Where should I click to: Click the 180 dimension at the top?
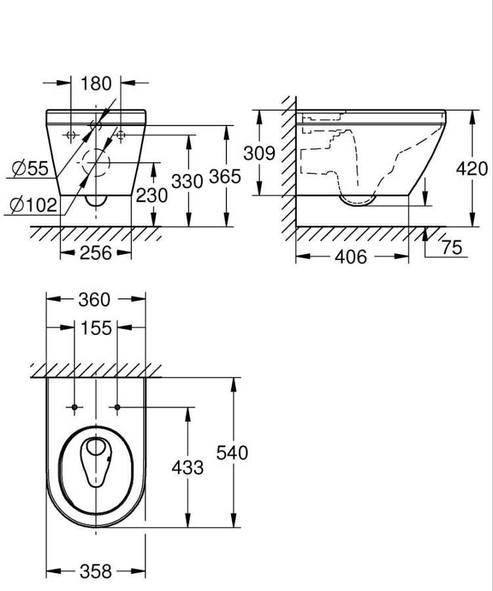pyautogui.click(x=96, y=83)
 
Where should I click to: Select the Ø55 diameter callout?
pyautogui.click(x=30, y=169)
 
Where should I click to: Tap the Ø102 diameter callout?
pyautogui.click(x=33, y=205)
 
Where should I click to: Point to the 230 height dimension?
pyautogui.click(x=152, y=195)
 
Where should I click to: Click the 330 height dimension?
pyautogui.click(x=187, y=179)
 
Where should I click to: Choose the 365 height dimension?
pyautogui.click(x=225, y=177)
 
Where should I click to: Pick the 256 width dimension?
pyautogui.click(x=95, y=253)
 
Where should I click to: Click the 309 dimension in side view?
pyautogui.click(x=259, y=153)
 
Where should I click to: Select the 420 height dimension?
pyautogui.click(x=472, y=168)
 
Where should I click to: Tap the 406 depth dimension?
pyautogui.click(x=351, y=257)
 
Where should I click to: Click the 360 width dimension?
pyautogui.click(x=95, y=299)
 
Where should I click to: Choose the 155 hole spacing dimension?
pyautogui.click(x=96, y=328)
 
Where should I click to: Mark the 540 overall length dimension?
pyautogui.click(x=232, y=452)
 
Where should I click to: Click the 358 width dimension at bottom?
pyautogui.click(x=95, y=571)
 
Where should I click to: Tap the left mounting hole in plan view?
pyautogui.click(x=75, y=408)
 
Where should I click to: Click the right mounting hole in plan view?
pyautogui.click(x=118, y=408)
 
